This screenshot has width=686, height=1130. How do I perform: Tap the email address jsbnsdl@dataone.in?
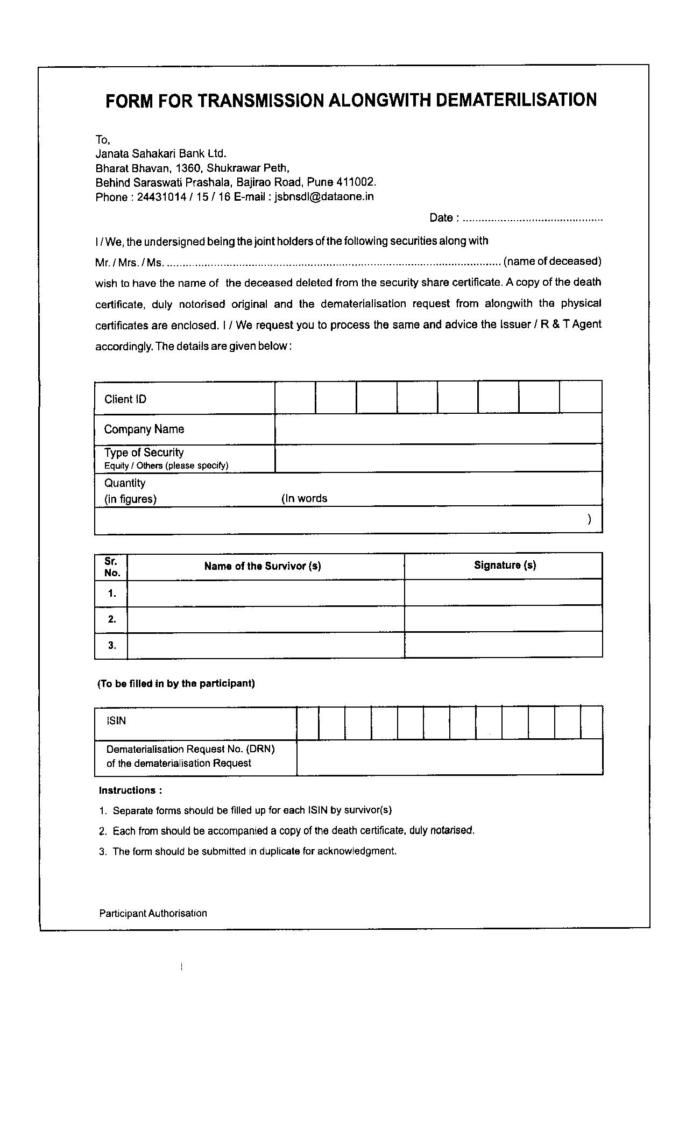[x=324, y=196]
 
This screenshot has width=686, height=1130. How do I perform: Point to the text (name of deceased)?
[x=552, y=261]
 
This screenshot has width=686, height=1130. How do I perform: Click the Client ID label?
[x=125, y=399]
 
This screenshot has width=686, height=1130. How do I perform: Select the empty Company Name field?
[x=438, y=429]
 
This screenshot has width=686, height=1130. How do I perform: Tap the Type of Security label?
[x=144, y=453]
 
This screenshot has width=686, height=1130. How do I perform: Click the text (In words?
[x=304, y=498]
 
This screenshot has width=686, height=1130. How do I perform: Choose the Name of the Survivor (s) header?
[x=263, y=566]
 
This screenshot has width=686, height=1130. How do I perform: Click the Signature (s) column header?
[x=505, y=565]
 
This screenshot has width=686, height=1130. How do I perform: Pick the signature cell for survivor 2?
[x=503, y=619]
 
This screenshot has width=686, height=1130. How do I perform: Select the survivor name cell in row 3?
[x=265, y=645]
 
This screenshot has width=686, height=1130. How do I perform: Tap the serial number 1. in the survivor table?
[x=112, y=594]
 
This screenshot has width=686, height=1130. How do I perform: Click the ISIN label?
[x=116, y=721]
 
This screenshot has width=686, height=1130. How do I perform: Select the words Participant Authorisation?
[x=153, y=913]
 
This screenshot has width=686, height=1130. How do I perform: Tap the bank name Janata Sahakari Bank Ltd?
[x=161, y=153]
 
